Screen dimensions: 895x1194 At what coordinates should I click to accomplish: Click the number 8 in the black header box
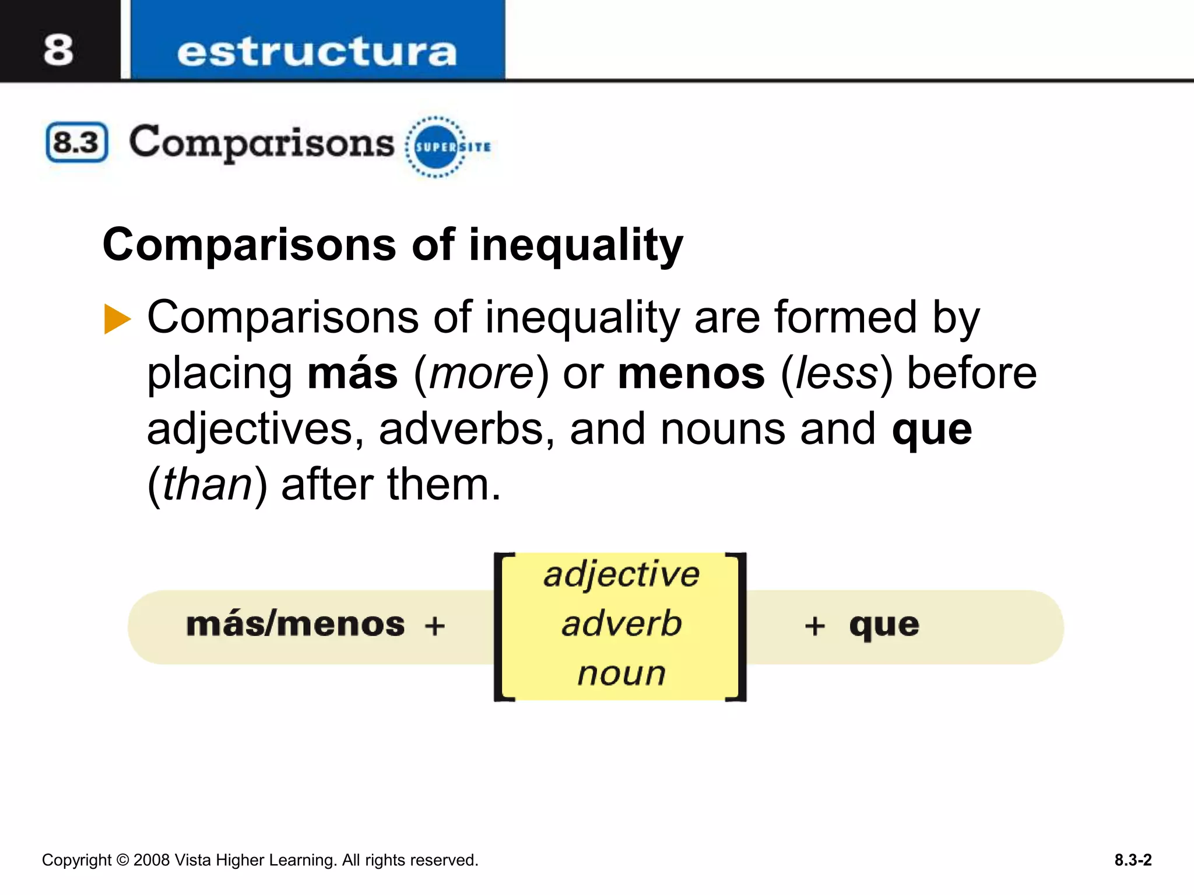point(58,50)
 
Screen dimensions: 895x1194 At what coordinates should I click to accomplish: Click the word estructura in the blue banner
point(317,52)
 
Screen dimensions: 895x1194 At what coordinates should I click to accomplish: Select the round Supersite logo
point(436,147)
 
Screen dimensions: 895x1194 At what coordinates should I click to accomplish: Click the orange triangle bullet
point(117,319)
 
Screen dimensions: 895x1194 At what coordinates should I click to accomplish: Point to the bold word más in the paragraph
point(353,373)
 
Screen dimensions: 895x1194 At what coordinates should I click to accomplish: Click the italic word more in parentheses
point(482,373)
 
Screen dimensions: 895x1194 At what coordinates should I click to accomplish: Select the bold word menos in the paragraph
point(691,373)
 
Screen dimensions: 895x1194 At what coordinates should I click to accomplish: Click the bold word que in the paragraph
point(932,430)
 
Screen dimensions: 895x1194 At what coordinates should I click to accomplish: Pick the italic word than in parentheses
point(207,485)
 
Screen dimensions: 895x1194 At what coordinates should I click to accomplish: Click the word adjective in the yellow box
point(621,575)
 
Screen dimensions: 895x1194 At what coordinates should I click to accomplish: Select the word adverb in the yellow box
point(621,623)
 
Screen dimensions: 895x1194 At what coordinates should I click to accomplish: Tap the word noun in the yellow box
point(621,674)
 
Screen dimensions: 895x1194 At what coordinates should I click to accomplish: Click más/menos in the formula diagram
point(295,625)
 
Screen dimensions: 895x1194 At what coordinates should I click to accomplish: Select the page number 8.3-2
point(1133,860)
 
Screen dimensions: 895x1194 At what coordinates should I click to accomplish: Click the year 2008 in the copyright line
point(152,860)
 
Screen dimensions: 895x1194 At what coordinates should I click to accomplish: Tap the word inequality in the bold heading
point(575,245)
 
